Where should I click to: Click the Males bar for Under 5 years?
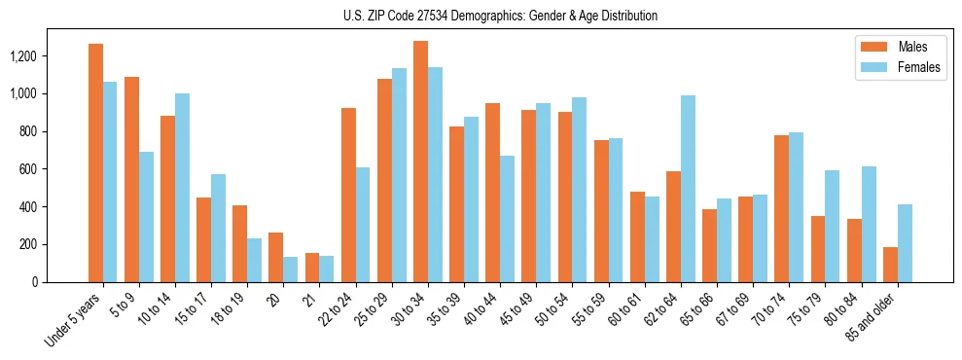95,162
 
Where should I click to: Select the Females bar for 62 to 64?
688,189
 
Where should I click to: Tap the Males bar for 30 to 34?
420,162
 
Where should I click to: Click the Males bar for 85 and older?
890,265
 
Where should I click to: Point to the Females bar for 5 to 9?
146,217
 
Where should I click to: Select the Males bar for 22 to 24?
348,195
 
